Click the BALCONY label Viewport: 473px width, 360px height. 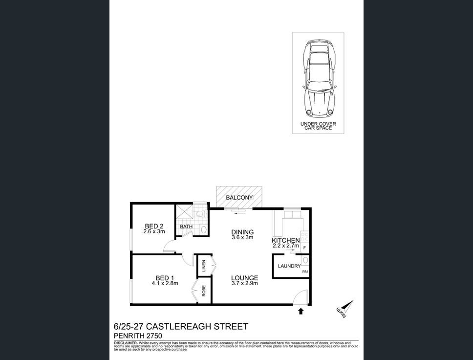click(x=239, y=198)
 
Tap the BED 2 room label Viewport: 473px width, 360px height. click(x=154, y=226)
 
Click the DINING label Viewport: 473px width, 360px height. click(x=242, y=232)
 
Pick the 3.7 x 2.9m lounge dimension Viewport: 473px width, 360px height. click(x=244, y=284)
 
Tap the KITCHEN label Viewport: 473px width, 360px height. click(x=285, y=240)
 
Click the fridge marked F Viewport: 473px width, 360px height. click(x=304, y=248)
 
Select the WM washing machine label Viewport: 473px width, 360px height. click(x=304, y=271)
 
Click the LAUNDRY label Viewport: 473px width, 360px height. click(x=289, y=266)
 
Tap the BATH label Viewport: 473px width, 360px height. click(x=186, y=226)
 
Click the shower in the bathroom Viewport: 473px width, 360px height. click(x=184, y=212)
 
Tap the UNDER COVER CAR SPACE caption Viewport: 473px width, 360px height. click(x=318, y=126)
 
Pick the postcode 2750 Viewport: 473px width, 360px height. click(x=152, y=336)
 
